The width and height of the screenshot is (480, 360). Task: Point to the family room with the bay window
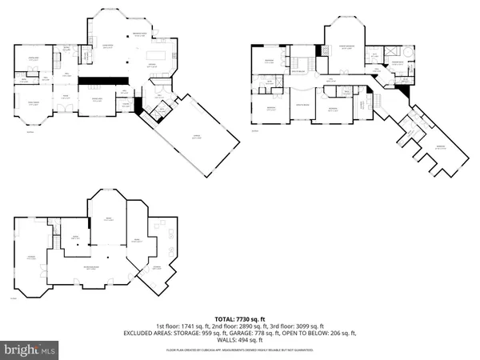tap(33, 105)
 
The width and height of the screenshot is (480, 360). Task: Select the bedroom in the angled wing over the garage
tap(437, 150)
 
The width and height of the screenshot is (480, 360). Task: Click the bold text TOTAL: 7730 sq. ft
tap(240, 318)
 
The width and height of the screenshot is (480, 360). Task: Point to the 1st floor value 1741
tap(186, 326)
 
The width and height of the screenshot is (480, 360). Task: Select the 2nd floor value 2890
tap(238, 326)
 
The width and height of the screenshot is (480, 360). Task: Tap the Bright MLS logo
tap(30, 350)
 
